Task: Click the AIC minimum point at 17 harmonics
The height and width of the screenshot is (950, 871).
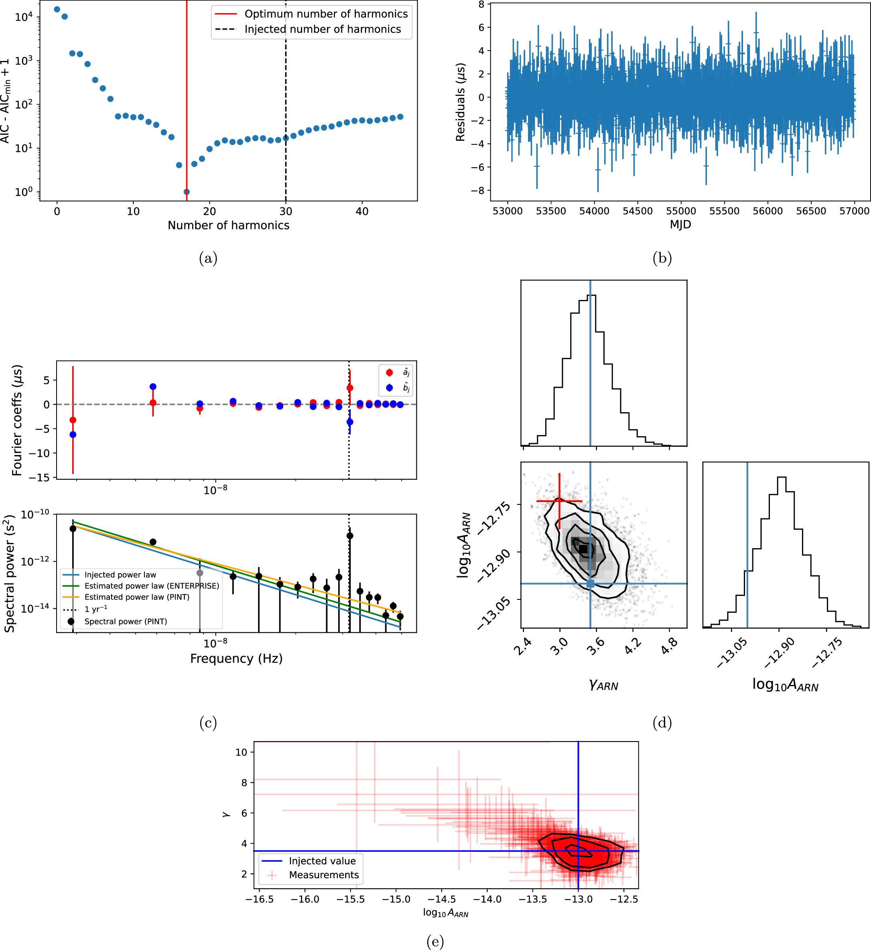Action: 187,192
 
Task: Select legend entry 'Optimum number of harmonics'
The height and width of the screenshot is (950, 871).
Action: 326,14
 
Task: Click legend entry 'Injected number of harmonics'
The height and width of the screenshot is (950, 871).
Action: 323,29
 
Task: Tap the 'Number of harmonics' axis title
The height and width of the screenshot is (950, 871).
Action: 229,225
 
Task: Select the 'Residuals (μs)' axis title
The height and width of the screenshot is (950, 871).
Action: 461,102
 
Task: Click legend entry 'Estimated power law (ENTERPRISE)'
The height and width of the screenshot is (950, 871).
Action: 152,586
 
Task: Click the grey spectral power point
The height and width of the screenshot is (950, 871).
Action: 200,573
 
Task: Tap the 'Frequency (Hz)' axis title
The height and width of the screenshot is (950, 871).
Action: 236,658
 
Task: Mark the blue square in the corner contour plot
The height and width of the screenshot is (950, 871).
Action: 590,584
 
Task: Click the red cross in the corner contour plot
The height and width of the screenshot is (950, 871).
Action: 559,501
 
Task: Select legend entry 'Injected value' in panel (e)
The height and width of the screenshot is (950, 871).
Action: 323,861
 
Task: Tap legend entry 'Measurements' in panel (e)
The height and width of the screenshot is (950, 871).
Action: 324,875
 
